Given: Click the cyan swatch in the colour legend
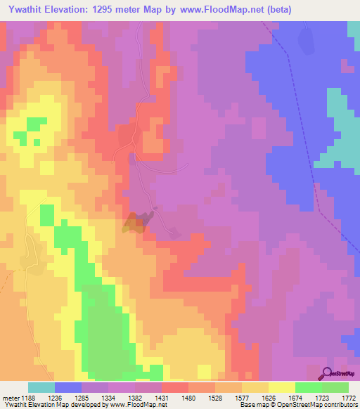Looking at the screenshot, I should [41, 387].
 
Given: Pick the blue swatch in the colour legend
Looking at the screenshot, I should [68, 387].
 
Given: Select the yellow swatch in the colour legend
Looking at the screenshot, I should [281, 387].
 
